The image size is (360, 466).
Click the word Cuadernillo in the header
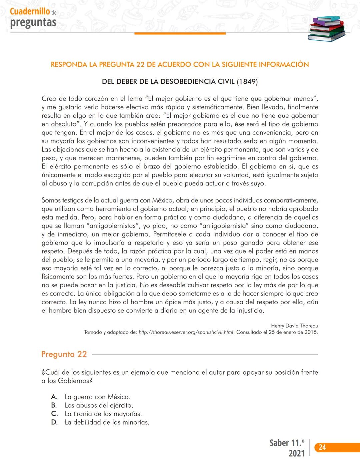30,11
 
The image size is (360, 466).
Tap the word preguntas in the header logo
33,22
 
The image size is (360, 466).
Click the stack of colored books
326,29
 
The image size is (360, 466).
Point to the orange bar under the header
180,33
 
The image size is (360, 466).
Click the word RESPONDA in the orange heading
69,65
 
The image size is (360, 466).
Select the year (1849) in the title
247,82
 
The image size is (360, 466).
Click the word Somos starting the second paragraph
51,200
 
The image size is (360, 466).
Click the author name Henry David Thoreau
294,326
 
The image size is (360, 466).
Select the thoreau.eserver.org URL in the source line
186,332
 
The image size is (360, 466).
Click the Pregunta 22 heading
64,354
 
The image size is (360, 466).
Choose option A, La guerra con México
97,397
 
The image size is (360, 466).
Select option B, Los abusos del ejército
99,405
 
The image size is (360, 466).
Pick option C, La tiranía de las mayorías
103,414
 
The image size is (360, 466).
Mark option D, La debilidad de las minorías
107,422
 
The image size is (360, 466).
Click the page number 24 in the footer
322,447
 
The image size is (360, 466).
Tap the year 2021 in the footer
296,453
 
